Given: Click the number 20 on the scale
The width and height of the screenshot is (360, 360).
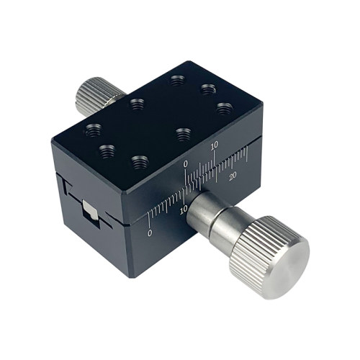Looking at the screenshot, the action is pyautogui.click(x=233, y=176).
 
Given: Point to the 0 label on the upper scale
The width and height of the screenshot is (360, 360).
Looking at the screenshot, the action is pyautogui.click(x=185, y=164).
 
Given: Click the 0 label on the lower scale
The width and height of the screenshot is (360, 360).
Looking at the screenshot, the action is pyautogui.click(x=150, y=233).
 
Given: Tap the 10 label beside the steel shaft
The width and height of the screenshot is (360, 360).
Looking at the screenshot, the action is pyautogui.click(x=184, y=210).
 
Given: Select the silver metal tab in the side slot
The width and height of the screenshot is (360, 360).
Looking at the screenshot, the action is pyautogui.click(x=90, y=210).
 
